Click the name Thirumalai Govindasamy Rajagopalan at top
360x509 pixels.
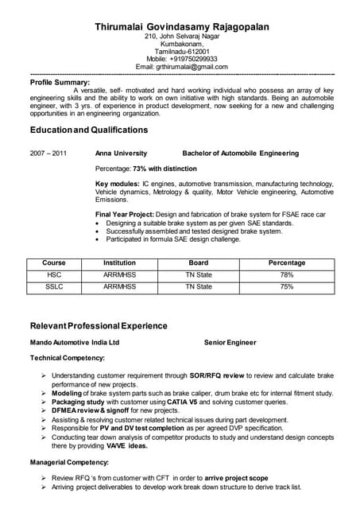(181, 26)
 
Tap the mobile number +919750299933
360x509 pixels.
(193, 58)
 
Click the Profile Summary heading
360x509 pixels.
(60, 82)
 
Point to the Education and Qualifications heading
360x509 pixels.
(88, 130)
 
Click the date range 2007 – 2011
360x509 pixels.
(48, 153)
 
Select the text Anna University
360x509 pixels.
(121, 153)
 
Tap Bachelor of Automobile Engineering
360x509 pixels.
(240, 153)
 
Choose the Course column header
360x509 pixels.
(54, 263)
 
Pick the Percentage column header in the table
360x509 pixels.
(287, 263)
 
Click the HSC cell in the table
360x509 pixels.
(54, 274)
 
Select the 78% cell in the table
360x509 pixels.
(287, 274)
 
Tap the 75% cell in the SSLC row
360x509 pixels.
(287, 286)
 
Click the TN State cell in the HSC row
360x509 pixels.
(199, 274)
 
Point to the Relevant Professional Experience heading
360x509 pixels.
(99, 326)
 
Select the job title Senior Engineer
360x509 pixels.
(230, 343)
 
